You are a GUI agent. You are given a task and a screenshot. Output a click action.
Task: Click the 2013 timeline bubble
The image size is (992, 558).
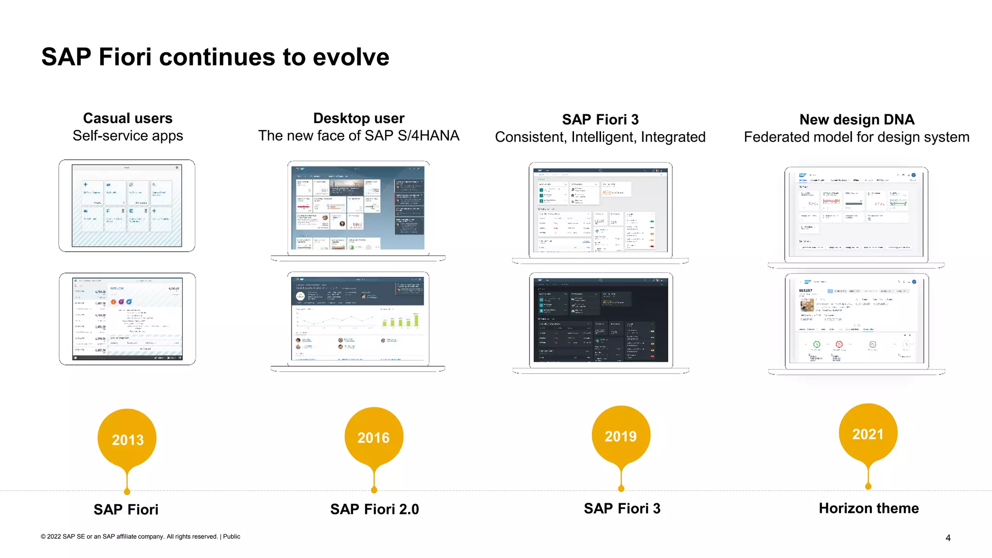pos(127,439)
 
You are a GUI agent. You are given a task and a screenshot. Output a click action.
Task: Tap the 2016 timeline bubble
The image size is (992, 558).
pos(373,437)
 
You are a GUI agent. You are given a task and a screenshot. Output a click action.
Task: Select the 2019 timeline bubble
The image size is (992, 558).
pos(620,435)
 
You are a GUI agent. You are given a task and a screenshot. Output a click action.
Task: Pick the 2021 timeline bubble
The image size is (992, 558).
pos(868,434)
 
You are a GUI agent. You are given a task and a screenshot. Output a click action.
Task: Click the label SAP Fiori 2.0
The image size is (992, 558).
pos(374,509)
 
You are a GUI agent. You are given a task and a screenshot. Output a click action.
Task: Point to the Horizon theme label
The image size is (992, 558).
pos(868,508)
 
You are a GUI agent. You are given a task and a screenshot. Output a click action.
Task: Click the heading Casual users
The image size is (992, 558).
pos(128,118)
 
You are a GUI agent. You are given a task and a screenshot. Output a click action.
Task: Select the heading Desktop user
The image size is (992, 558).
pos(358,118)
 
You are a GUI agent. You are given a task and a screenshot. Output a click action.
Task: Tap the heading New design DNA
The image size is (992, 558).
pos(856,119)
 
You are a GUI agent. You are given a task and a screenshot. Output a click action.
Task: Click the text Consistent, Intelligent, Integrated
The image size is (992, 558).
pos(600,137)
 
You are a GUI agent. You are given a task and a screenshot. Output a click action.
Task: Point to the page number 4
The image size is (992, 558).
pos(948,538)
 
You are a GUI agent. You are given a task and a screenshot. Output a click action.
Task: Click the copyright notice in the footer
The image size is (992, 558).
pos(140,536)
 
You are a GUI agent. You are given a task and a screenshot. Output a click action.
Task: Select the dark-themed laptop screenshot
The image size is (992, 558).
pos(601,321)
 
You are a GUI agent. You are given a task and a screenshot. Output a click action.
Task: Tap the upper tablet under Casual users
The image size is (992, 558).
pos(127,206)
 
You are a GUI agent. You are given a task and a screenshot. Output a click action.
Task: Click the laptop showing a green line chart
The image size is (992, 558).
pos(358,320)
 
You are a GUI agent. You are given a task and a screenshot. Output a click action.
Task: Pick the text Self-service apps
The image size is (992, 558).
pos(128,136)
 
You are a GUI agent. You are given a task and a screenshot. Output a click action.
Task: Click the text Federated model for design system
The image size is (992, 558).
pos(856,137)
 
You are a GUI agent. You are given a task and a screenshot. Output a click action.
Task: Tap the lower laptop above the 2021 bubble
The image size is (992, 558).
pos(856,322)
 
